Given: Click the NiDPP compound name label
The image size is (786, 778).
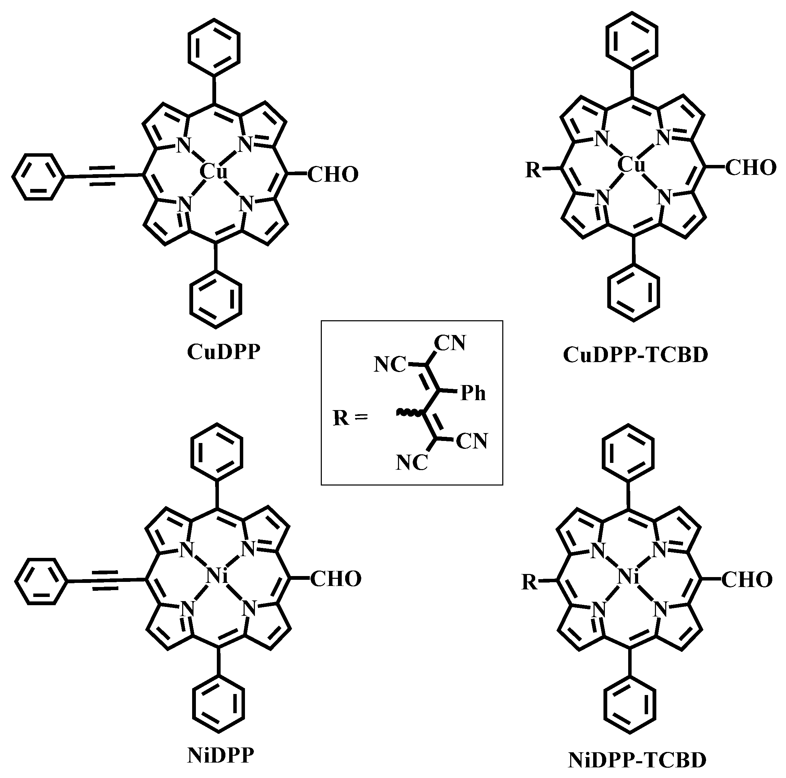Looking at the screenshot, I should [221, 756].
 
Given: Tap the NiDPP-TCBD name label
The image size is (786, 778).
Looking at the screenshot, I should [637, 760].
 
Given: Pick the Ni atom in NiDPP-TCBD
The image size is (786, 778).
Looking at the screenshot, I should [628, 577].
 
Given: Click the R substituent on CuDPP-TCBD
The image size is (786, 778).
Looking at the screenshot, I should [533, 170].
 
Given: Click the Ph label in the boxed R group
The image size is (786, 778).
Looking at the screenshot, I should [473, 394].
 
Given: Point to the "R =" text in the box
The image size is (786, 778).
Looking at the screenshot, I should [350, 418].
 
